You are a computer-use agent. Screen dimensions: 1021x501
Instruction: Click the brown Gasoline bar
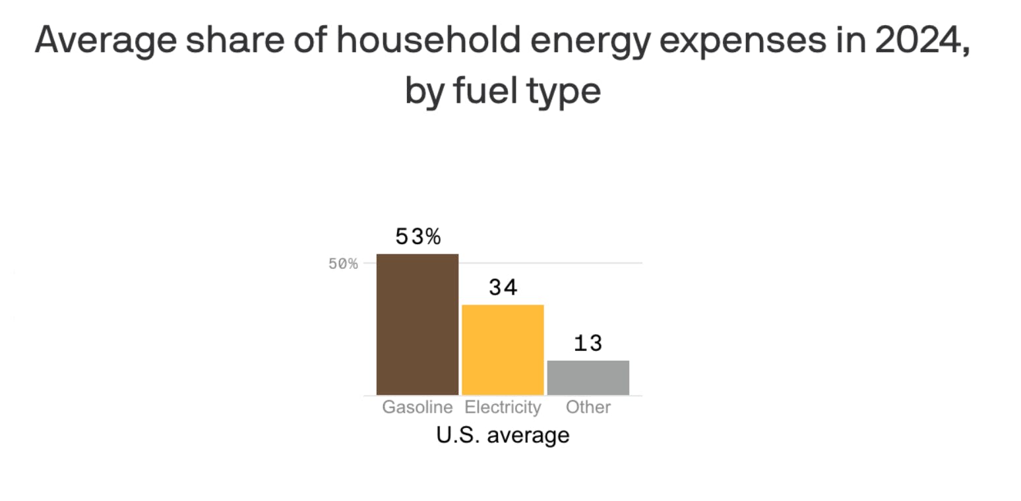pyautogui.click(x=417, y=324)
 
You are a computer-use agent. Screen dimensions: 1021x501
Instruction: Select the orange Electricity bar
pyautogui.click(x=503, y=350)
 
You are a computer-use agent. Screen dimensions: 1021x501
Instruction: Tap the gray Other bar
pyautogui.click(x=588, y=378)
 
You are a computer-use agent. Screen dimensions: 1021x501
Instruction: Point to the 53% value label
pyautogui.click(x=418, y=237)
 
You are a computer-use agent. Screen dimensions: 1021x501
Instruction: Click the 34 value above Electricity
pyautogui.click(x=503, y=287)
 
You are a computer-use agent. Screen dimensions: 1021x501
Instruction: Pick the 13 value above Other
pyautogui.click(x=588, y=343)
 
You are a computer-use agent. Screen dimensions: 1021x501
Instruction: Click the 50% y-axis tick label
pyautogui.click(x=343, y=264)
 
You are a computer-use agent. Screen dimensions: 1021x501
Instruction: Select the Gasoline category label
pyautogui.click(x=418, y=407)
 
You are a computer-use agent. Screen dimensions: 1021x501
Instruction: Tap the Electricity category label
pyautogui.click(x=503, y=407)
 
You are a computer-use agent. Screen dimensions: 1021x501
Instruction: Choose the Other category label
pyautogui.click(x=588, y=407)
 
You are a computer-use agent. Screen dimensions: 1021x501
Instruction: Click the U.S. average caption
pyautogui.click(x=503, y=435)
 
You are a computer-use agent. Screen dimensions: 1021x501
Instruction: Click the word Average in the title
pyautogui.click(x=106, y=41)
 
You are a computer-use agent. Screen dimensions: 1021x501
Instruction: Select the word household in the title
pyautogui.click(x=429, y=40)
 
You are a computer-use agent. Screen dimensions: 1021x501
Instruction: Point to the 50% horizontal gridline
pyautogui.click(x=503, y=263)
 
